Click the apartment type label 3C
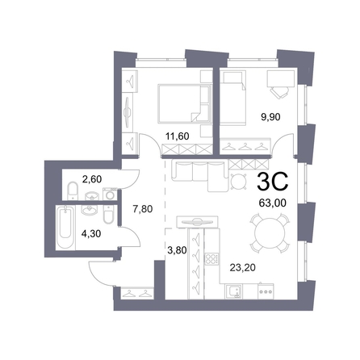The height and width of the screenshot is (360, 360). (x=273, y=182)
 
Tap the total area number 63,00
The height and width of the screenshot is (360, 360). (x=272, y=203)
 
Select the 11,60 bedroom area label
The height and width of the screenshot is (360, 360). (x=177, y=136)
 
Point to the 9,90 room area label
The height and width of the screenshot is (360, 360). (x=270, y=117)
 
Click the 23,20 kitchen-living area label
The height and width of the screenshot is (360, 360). (x=242, y=267)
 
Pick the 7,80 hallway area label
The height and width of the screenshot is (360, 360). (x=143, y=209)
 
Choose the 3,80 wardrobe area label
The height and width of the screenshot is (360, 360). (x=177, y=250)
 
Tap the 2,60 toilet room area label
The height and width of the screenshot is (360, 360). (x=92, y=179)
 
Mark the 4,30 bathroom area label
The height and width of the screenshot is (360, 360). (x=91, y=233)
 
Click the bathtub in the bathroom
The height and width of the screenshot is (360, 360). (x=65, y=228)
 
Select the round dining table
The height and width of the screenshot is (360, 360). (x=270, y=233)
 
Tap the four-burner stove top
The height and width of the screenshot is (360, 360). (x=211, y=259)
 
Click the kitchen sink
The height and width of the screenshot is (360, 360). (x=233, y=291)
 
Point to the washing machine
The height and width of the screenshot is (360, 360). (x=110, y=194)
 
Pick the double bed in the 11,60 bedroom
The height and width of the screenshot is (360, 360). (x=185, y=104)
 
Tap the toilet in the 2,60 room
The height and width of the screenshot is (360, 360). (x=73, y=190)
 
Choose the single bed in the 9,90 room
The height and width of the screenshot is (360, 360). (x=233, y=98)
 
